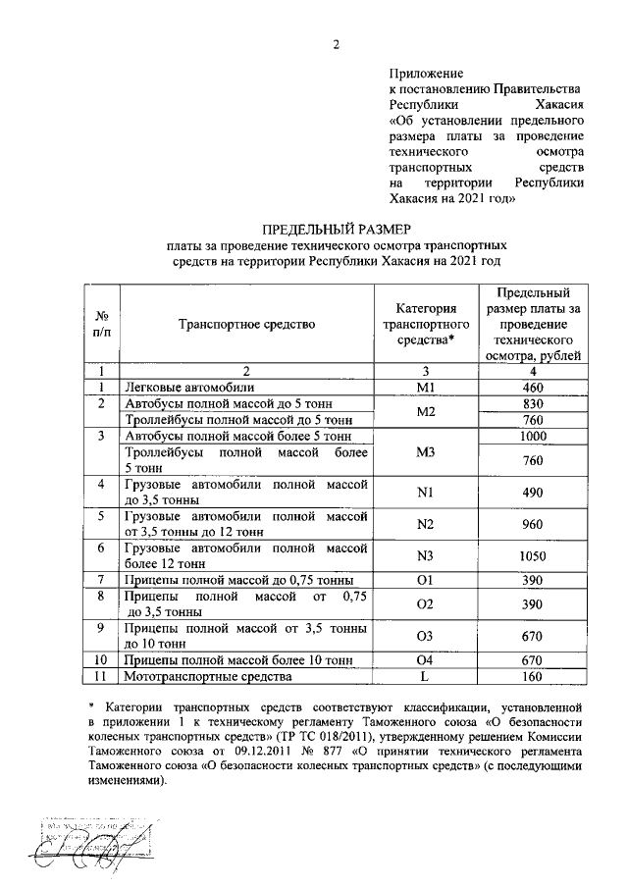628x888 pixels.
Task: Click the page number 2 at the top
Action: pos(335,44)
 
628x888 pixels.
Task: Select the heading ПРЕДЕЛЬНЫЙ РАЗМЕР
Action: pos(335,228)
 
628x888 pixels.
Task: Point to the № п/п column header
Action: pos(101,323)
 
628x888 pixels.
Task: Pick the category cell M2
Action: pos(425,412)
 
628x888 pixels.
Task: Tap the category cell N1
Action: pos(425,493)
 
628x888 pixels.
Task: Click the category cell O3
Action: pos(425,636)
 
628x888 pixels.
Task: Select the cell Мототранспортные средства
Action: pos(204,677)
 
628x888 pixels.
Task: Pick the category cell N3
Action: pos(425,556)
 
